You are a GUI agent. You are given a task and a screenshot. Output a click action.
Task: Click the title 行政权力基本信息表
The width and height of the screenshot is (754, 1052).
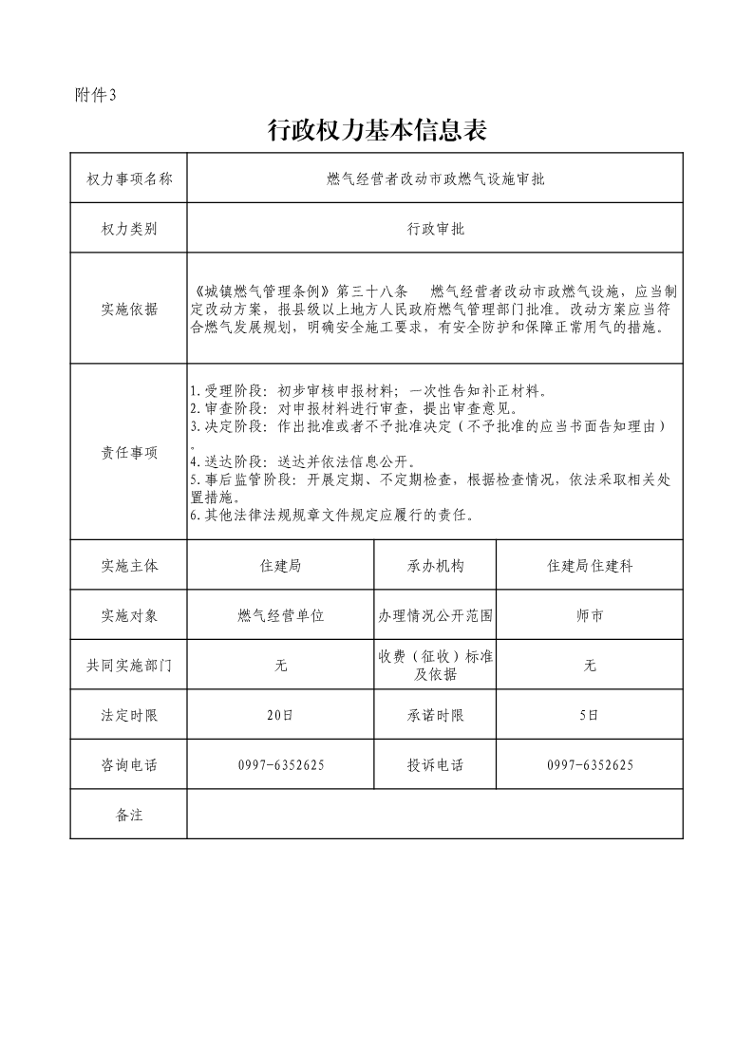coord(377,131)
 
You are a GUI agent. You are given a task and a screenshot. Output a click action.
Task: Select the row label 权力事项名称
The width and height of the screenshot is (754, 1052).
coord(129,178)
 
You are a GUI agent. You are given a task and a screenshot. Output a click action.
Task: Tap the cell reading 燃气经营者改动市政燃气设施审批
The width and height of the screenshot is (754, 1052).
coord(434,178)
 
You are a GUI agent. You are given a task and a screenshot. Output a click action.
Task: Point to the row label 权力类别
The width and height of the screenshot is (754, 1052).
coord(129,229)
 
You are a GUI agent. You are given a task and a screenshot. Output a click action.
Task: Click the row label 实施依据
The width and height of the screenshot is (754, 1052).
coord(129,310)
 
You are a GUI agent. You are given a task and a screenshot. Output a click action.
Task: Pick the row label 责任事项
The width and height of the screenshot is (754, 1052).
coord(129,453)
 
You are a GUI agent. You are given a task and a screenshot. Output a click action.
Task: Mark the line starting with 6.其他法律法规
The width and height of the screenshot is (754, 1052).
coord(332,516)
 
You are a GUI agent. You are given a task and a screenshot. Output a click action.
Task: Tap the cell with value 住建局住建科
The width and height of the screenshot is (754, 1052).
coord(590,566)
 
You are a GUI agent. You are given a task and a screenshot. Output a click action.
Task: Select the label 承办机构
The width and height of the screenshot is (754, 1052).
coord(435,566)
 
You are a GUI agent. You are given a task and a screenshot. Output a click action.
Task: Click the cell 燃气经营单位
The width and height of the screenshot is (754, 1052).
coord(281,615)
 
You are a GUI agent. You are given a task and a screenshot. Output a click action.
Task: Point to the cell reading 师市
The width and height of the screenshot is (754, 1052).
coord(590,615)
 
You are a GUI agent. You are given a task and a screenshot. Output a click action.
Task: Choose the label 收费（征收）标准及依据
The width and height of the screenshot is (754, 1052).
coord(435,666)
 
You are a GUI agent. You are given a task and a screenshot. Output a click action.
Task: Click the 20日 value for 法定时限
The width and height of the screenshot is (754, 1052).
coord(281,716)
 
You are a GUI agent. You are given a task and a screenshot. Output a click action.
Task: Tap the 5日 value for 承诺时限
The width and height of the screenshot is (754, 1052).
coord(590,716)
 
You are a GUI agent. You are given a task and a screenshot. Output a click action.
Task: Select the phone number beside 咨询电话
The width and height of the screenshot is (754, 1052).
coord(281,765)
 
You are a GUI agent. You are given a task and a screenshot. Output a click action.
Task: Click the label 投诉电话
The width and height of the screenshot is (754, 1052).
coord(435,765)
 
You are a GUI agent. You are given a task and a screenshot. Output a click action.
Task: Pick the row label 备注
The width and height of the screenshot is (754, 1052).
coord(129,815)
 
